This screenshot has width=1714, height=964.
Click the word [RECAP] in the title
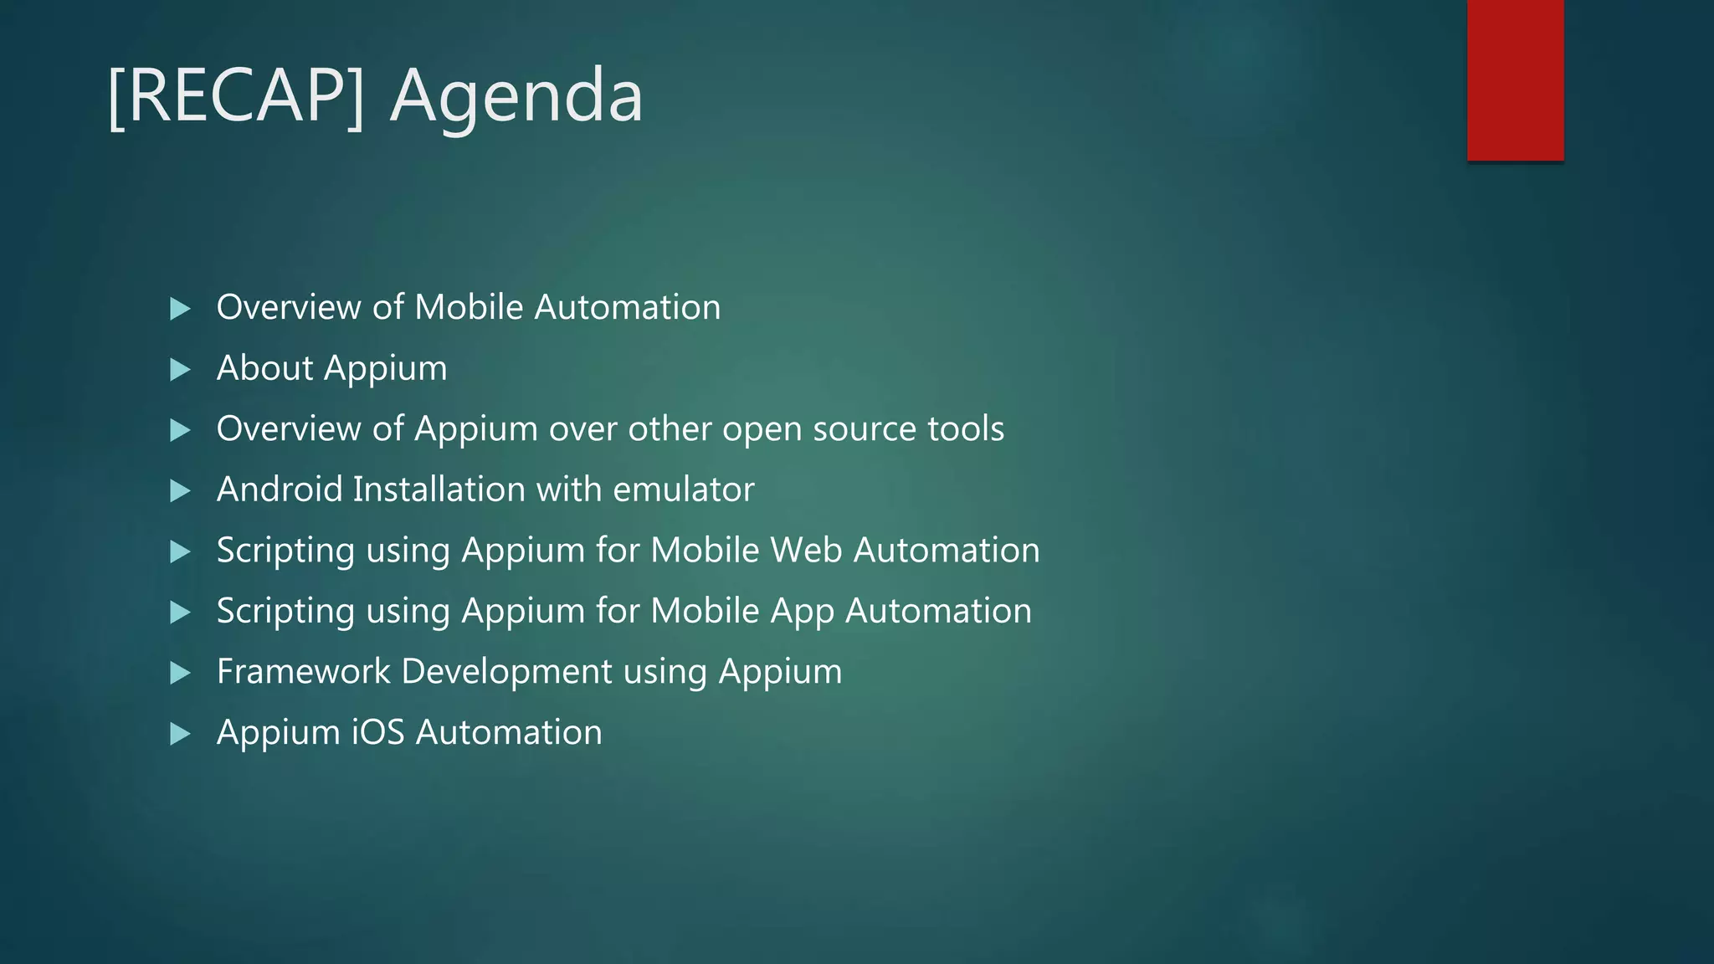tap(237, 95)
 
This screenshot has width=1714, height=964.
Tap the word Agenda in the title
tap(516, 97)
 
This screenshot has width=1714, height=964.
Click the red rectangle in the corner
tap(1515, 79)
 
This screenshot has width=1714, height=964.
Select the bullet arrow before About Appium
tap(180, 369)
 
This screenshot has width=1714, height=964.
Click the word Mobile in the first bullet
tap(469, 307)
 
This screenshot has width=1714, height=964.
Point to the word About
tap(264, 368)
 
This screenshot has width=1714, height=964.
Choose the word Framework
tap(303, 671)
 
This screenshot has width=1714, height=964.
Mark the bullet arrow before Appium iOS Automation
tap(180, 734)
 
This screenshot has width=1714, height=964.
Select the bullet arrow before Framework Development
tap(180, 673)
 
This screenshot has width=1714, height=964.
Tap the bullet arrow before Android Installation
tap(180, 490)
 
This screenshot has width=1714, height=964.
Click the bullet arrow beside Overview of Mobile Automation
tap(180, 309)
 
